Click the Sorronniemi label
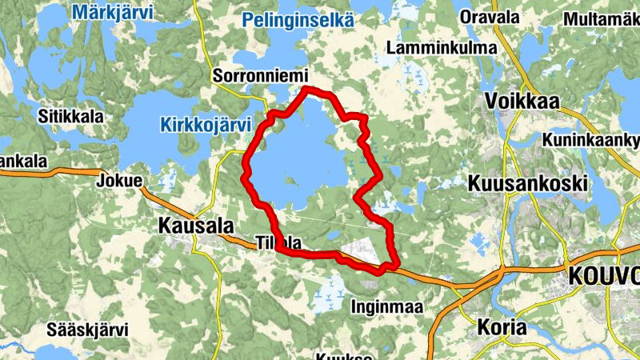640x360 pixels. (x=261, y=76)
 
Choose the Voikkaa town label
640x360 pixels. (x=522, y=102)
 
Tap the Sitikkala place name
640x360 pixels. (x=71, y=116)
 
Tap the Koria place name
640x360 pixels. (x=502, y=327)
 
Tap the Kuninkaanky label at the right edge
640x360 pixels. (x=590, y=141)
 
